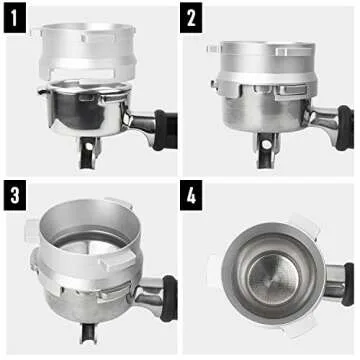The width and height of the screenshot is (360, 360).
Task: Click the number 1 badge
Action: [x=15, y=16]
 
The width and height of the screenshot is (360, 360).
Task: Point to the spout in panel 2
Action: [x=265, y=155]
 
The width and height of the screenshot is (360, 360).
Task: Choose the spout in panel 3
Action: [x=86, y=335]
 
